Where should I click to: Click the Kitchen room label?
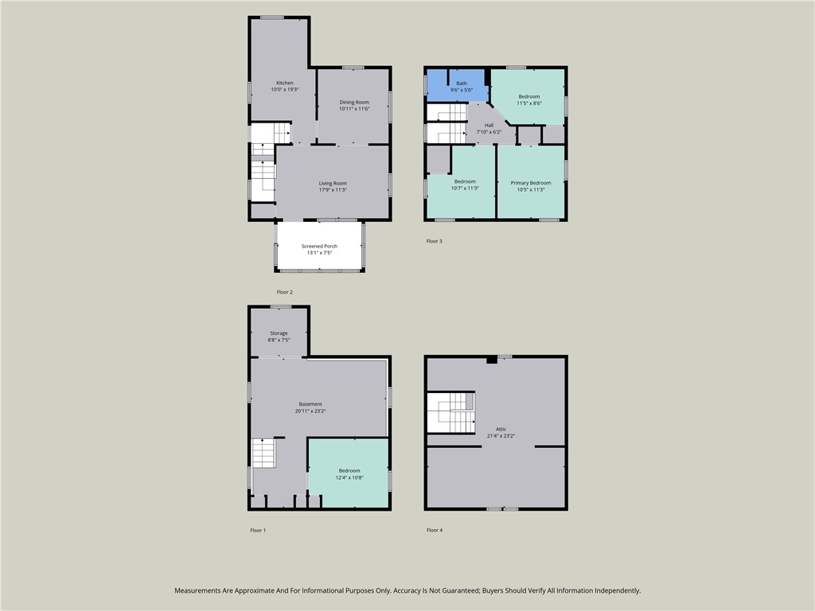pos(285,83)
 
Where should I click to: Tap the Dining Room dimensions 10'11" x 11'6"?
pos(354,109)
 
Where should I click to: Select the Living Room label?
pos(333,184)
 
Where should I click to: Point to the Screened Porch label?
pos(320,247)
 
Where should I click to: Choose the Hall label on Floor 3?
pos(489,125)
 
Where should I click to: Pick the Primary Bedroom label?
pos(531,183)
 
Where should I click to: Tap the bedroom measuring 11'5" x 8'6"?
pos(528,96)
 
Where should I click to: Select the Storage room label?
pos(279,333)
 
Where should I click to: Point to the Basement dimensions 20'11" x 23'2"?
pos(310,411)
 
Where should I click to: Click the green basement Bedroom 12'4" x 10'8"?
pos(349,473)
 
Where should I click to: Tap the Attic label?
pos(501,429)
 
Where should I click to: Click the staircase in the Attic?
pos(451,413)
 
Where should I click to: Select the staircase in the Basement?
pos(263,453)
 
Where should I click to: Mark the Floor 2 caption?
pos(284,292)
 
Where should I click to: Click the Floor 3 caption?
pos(434,241)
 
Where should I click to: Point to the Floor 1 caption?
pos(258,531)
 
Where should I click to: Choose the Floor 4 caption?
pos(435,530)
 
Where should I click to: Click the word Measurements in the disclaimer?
pos(197,591)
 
